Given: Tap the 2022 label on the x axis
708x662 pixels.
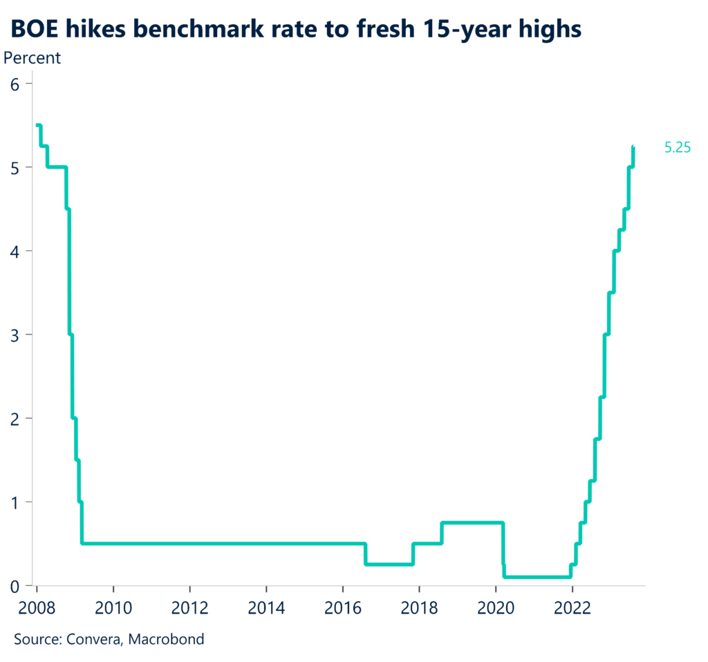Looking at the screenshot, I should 572,608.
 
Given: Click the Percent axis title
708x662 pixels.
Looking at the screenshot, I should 32,58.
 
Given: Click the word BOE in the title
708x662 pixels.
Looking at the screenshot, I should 35,28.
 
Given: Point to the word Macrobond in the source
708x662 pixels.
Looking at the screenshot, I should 169,639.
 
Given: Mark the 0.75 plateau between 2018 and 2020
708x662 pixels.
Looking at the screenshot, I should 472,522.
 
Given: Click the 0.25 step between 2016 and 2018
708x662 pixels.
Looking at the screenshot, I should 389,564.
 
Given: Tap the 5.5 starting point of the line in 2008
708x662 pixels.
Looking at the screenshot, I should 38,125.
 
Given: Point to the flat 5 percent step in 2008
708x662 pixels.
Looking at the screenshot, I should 57,167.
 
